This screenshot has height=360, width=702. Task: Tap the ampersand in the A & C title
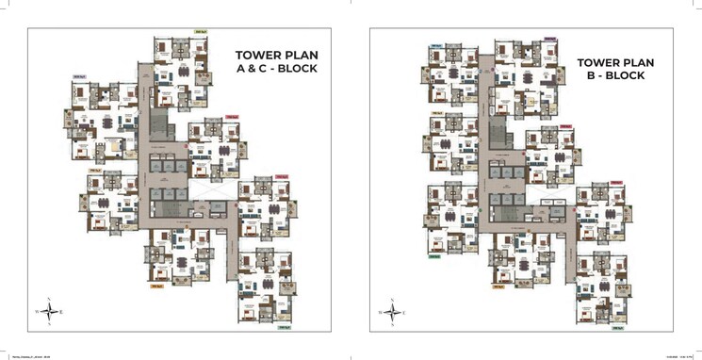[x=260, y=70]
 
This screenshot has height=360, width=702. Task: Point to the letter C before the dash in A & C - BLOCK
[x=271, y=70]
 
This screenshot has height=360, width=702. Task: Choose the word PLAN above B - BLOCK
[x=642, y=61]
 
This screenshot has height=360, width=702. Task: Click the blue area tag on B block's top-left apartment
[x=437, y=45]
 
